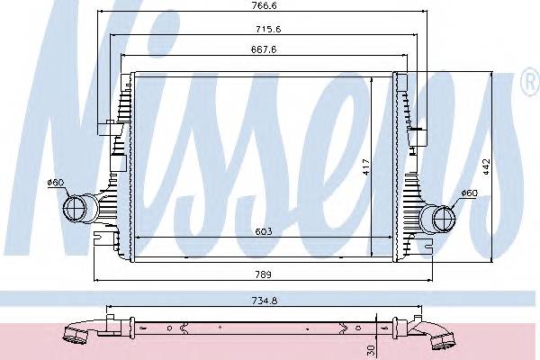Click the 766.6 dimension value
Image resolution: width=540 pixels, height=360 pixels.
[x=264, y=5]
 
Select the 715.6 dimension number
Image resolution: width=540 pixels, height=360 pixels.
[x=268, y=30]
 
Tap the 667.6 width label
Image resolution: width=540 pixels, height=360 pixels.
[x=264, y=49]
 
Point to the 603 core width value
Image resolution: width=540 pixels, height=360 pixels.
[x=264, y=231]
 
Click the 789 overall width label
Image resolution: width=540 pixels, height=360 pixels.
[x=264, y=274]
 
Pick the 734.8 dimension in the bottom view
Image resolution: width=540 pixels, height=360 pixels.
[x=265, y=301]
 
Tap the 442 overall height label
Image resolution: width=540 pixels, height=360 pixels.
[x=486, y=166]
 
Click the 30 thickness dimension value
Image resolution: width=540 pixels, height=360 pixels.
[x=371, y=350]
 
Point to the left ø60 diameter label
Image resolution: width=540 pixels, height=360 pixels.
[x=56, y=182]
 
